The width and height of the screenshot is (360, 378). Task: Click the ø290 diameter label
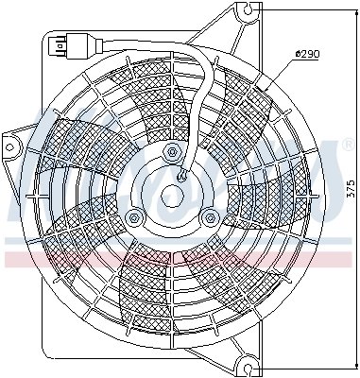pyautogui.click(x=308, y=54)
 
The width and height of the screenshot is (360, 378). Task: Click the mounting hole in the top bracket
pyautogui.click(x=248, y=13)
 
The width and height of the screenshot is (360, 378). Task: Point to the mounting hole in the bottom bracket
pyautogui.click(x=247, y=361)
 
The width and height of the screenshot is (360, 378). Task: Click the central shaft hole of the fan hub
pyautogui.click(x=171, y=196)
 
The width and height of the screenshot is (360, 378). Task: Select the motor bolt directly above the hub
pyautogui.click(x=171, y=152)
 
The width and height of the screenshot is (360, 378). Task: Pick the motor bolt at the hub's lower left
pyautogui.click(x=134, y=217)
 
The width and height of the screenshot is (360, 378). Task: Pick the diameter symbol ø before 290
pyautogui.click(x=298, y=54)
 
